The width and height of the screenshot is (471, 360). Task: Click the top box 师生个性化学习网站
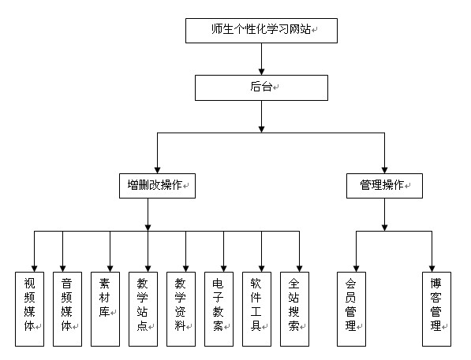click(261, 31)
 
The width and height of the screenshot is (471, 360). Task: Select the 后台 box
click(261, 87)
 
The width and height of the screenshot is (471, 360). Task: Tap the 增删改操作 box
click(157, 186)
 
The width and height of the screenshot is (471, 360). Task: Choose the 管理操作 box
click(384, 186)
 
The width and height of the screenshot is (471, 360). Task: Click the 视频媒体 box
click(29, 309)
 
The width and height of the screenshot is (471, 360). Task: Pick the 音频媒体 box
click(67, 309)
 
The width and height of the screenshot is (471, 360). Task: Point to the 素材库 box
click(105, 309)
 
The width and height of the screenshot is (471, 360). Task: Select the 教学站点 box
click(143, 309)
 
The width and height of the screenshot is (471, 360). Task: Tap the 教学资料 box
click(181, 309)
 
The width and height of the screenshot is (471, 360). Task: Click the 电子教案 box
click(219, 309)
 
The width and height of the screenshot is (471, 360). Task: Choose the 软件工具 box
click(256, 309)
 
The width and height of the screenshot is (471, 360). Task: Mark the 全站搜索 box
click(294, 309)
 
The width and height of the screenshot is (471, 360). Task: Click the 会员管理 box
click(351, 309)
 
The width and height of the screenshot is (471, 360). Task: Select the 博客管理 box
click(436, 309)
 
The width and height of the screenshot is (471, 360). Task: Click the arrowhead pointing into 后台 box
click(261, 72)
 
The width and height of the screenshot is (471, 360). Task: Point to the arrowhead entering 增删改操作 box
click(157, 170)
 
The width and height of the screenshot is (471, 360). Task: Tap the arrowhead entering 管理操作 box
click(384, 170)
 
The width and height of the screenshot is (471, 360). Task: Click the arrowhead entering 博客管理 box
click(432, 269)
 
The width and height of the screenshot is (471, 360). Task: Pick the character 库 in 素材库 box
click(104, 312)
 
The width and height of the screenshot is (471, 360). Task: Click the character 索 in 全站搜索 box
click(293, 326)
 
